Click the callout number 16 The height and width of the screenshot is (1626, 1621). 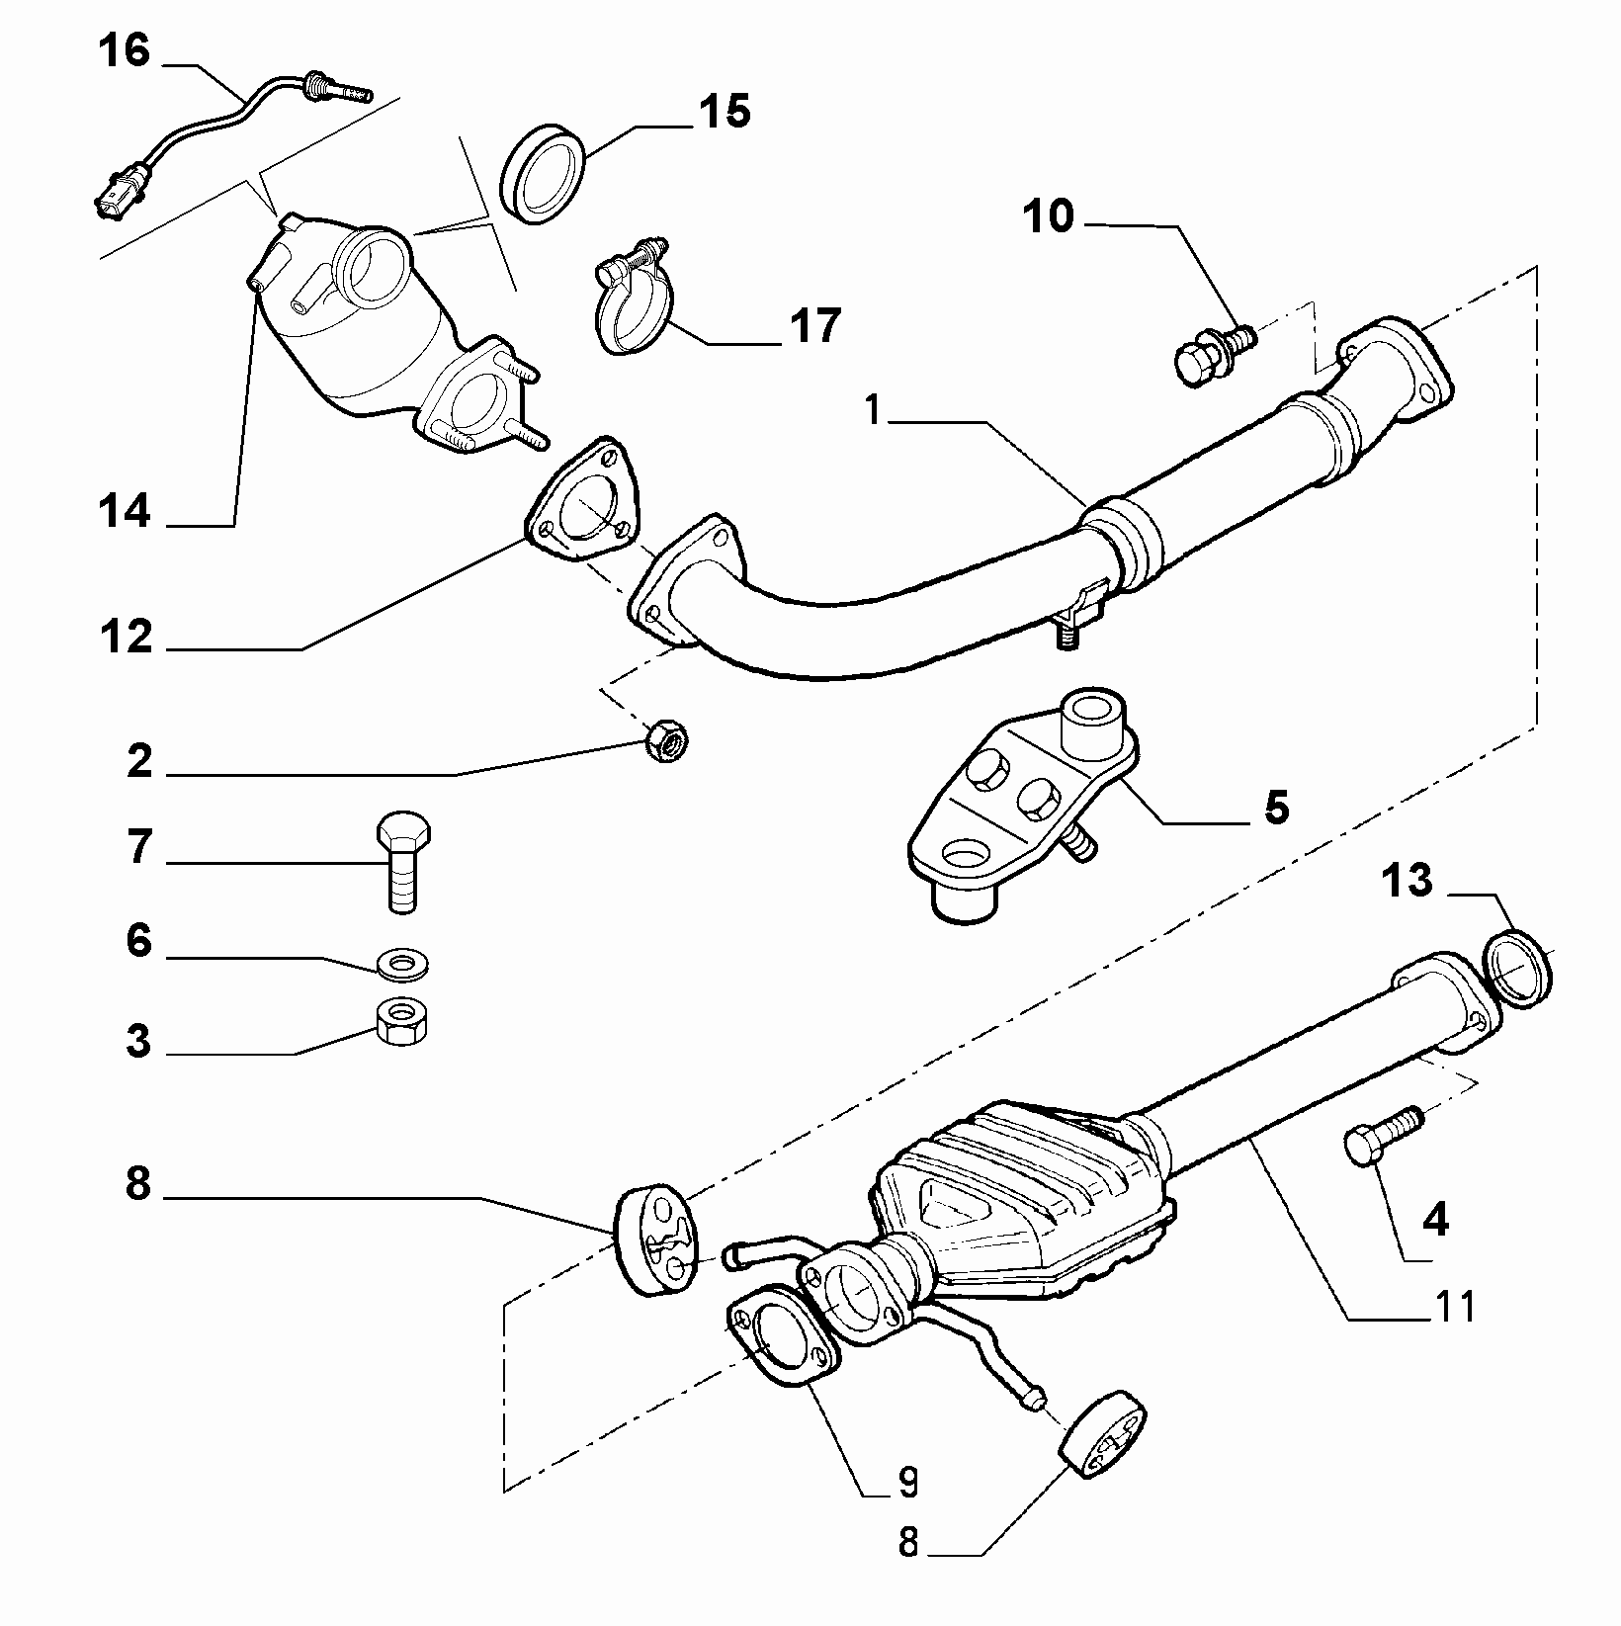[x=124, y=50]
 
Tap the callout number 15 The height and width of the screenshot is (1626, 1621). [x=725, y=111]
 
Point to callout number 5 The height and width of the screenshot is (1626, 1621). [x=1276, y=809]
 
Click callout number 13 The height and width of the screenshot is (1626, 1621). [x=1408, y=880]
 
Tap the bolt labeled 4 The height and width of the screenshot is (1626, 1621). [x=1383, y=1134]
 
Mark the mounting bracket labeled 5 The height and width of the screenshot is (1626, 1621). [x=1023, y=806]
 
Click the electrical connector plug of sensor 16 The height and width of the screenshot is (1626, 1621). [x=118, y=193]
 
